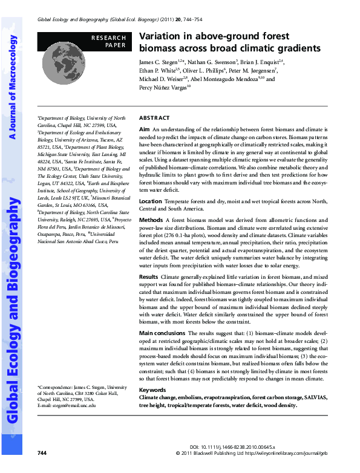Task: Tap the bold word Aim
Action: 144,129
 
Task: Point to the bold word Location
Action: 151,200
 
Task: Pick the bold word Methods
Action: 151,220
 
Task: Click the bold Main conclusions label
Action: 162,333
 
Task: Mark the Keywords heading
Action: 152,390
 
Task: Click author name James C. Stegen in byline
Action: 159,62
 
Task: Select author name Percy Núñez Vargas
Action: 162,87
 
